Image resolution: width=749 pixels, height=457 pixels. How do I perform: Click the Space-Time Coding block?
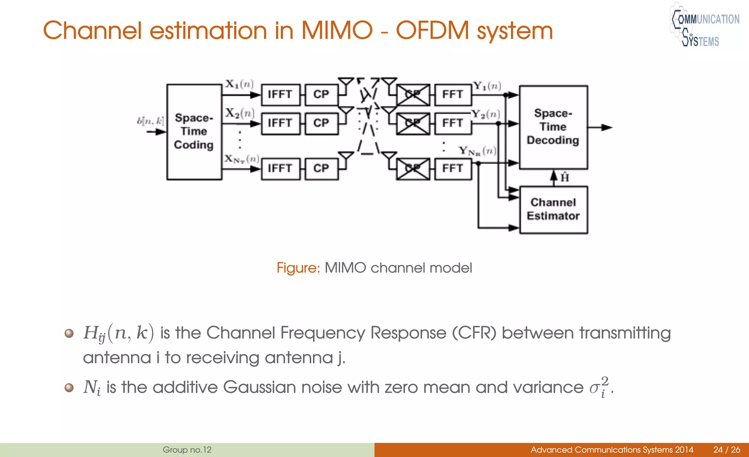point(194,132)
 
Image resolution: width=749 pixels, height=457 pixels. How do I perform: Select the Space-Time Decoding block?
point(553,127)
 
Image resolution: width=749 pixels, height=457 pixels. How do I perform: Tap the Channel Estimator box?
point(553,210)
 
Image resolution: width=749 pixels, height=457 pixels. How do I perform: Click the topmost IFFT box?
point(280,94)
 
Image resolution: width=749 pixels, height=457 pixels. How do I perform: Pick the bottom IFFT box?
point(280,168)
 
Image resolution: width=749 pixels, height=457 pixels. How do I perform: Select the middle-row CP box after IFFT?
point(321,123)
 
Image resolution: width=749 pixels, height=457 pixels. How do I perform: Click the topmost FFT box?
point(452,94)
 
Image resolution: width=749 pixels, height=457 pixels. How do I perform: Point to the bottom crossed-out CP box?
point(413,168)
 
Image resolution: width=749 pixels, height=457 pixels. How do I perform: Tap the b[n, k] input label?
point(150,121)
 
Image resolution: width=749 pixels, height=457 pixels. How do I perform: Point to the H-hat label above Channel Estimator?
point(565,178)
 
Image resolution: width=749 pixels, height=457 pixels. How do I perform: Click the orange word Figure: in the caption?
point(298,268)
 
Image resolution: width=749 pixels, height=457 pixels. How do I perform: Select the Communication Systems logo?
point(704,26)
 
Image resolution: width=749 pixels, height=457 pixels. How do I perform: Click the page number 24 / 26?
point(726,450)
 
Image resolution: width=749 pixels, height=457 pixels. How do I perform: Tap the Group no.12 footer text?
point(187,450)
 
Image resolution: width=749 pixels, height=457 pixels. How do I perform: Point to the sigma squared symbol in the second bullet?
point(599,387)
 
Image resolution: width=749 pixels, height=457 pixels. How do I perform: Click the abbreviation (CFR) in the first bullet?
point(474,333)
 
